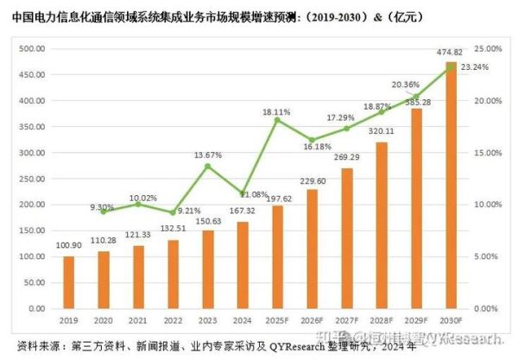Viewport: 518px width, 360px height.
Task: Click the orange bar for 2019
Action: (69, 282)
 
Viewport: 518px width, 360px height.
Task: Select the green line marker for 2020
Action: (104, 212)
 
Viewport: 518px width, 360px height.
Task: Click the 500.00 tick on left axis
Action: (32, 49)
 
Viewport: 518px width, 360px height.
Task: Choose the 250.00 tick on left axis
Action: (32, 179)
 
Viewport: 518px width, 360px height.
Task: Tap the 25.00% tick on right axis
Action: (488, 49)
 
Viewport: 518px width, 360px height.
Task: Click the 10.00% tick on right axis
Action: (488, 205)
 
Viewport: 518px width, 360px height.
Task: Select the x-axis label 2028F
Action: (381, 318)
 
